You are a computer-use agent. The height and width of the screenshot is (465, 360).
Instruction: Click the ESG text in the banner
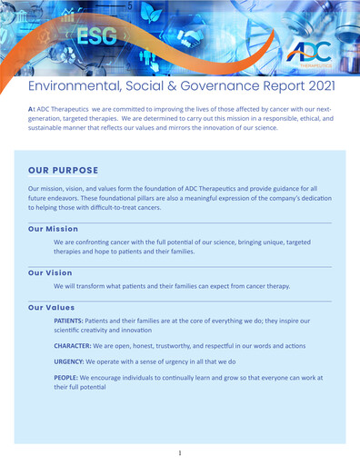click(x=95, y=37)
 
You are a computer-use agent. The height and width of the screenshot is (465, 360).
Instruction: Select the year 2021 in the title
click(x=315, y=86)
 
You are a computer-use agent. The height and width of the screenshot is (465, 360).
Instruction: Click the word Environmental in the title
click(x=78, y=86)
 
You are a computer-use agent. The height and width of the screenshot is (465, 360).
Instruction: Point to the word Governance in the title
click(x=218, y=86)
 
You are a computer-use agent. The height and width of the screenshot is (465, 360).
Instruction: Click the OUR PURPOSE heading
click(x=69, y=170)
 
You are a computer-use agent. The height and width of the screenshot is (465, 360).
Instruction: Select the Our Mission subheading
click(x=53, y=229)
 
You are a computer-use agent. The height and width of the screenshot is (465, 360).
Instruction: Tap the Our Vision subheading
click(x=50, y=272)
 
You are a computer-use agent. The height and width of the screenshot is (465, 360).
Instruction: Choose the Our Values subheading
click(x=52, y=307)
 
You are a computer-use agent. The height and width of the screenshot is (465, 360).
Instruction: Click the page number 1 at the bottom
click(x=180, y=452)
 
